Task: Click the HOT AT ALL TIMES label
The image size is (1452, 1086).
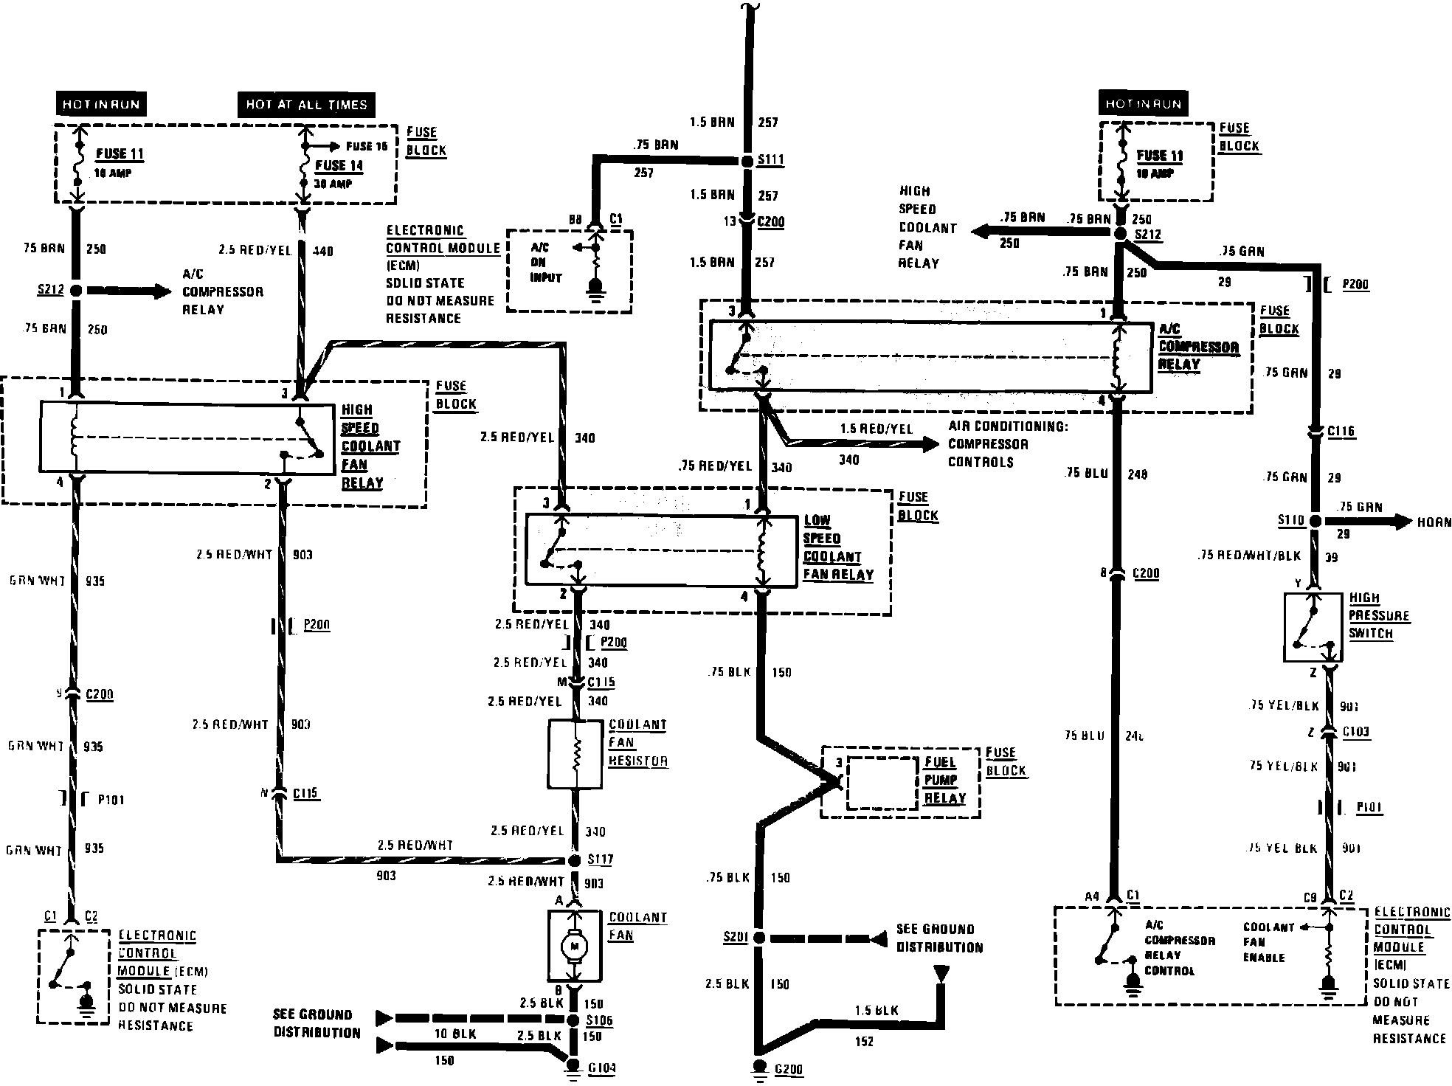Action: [306, 105]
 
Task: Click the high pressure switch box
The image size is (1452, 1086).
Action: [1313, 627]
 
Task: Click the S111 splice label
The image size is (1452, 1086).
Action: [772, 160]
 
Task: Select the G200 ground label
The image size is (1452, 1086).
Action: [788, 1069]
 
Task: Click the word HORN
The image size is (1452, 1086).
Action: [1434, 522]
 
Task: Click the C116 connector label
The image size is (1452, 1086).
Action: [1341, 432]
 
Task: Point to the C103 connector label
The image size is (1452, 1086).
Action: [1356, 733]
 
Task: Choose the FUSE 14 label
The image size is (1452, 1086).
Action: [339, 165]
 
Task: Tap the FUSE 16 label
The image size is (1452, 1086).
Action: [367, 147]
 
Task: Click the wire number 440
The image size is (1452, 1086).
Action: [323, 252]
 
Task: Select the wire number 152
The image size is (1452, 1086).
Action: [864, 1042]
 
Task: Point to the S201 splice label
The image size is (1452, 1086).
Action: [736, 938]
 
